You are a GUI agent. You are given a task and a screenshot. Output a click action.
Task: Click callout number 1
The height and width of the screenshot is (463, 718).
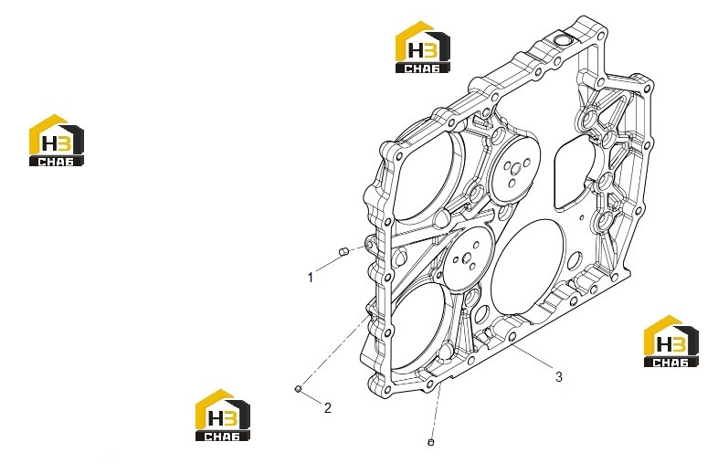311,278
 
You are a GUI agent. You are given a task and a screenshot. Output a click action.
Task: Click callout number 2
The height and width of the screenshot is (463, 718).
327,407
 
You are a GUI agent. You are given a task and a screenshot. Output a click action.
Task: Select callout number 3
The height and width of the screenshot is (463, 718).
559,377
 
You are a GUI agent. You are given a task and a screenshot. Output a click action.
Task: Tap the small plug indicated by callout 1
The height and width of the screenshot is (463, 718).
343,250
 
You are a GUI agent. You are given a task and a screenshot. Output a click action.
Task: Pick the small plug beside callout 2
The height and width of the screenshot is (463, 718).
298,389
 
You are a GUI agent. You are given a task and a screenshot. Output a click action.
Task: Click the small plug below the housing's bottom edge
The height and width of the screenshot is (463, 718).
430,442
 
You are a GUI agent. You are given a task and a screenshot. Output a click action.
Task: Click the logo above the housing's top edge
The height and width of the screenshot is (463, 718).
423,47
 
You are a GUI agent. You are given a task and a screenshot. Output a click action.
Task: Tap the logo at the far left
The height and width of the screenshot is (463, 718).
57,140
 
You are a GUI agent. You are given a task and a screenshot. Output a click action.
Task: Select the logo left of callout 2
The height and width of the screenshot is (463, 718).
223,416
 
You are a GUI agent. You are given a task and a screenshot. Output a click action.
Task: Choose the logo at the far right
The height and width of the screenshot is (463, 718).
671,342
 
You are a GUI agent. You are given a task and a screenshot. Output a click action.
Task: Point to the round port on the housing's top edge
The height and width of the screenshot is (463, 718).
563,39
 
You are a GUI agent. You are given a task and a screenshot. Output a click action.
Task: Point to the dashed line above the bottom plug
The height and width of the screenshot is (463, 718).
436,411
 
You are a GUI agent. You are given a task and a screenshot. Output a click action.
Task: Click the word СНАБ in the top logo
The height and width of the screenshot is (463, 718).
422,68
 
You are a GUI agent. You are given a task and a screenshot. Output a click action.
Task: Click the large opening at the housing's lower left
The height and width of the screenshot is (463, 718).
417,326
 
